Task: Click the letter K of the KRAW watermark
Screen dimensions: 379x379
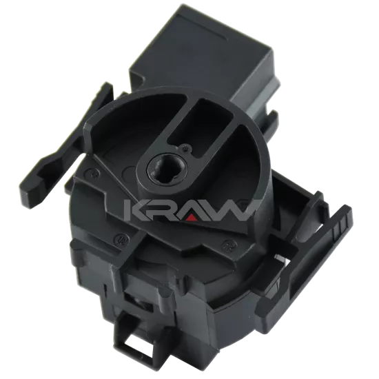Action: [137, 210]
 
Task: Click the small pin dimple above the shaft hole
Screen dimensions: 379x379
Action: [185, 147]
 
